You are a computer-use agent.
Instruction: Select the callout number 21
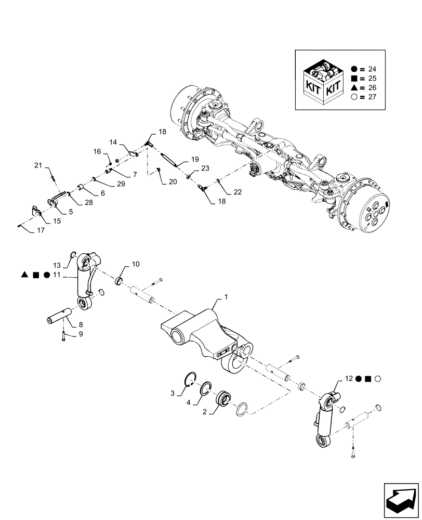[37, 165]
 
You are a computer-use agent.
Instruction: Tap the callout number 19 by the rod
[195, 159]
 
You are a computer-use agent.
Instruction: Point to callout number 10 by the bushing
[135, 265]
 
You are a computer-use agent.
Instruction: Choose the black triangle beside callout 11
[24, 274]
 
